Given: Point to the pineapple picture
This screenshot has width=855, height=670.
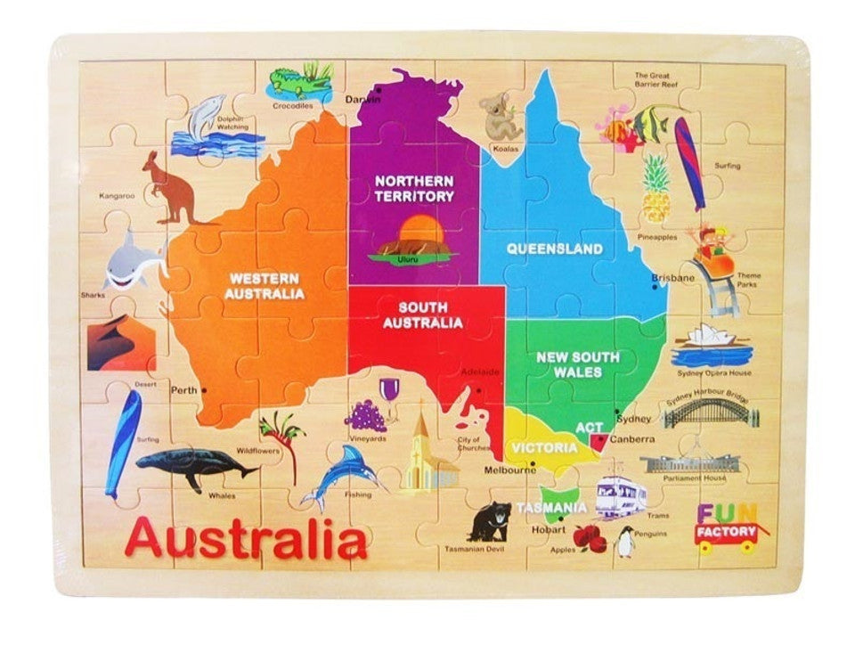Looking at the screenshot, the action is click(656, 189).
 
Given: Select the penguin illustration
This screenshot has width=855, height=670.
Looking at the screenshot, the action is click(625, 541).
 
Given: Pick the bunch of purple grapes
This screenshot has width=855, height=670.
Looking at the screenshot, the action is click(365, 415).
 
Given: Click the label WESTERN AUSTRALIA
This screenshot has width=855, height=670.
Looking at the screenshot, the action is click(265, 285).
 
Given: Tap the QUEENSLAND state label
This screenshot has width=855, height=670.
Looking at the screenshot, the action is click(555, 249).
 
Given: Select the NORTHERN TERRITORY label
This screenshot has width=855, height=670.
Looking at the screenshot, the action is click(414, 188).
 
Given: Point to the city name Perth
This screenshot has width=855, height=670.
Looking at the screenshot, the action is click(183, 390).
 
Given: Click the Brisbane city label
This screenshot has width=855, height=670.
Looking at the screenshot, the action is click(672, 278).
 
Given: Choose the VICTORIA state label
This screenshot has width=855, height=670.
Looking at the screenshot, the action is click(543, 447).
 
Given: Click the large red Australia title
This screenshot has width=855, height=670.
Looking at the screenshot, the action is click(246, 539).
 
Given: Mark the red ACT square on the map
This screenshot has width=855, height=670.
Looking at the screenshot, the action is click(598, 440).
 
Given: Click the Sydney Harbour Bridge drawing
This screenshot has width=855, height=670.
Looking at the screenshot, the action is click(712, 412).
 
